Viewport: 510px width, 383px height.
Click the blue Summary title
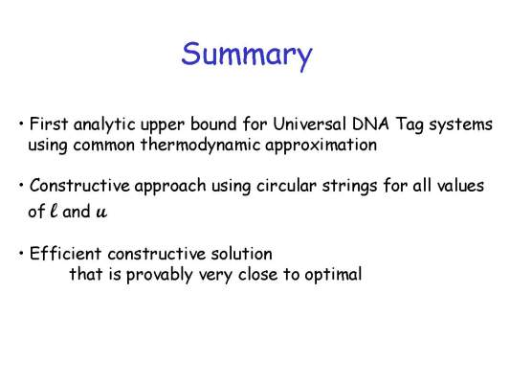coord(247,55)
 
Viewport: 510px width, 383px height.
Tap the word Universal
coord(309,124)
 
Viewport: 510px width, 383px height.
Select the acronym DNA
coord(371,124)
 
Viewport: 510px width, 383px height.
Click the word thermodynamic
coord(201,146)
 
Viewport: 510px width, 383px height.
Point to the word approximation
coord(322,146)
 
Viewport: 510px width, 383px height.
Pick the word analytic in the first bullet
coord(104,125)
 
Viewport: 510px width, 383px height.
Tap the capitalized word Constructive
coord(79,186)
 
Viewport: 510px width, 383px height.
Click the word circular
coord(286,186)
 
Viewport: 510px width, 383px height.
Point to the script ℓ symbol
coord(54,211)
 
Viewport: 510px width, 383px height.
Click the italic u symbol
coord(101,213)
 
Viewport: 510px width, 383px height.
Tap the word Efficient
coord(65,254)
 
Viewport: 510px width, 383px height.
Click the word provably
coord(160,275)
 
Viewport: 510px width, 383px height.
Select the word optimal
coord(333,275)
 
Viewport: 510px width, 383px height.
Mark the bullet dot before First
coord(21,124)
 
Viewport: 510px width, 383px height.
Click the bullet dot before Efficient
coord(21,253)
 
